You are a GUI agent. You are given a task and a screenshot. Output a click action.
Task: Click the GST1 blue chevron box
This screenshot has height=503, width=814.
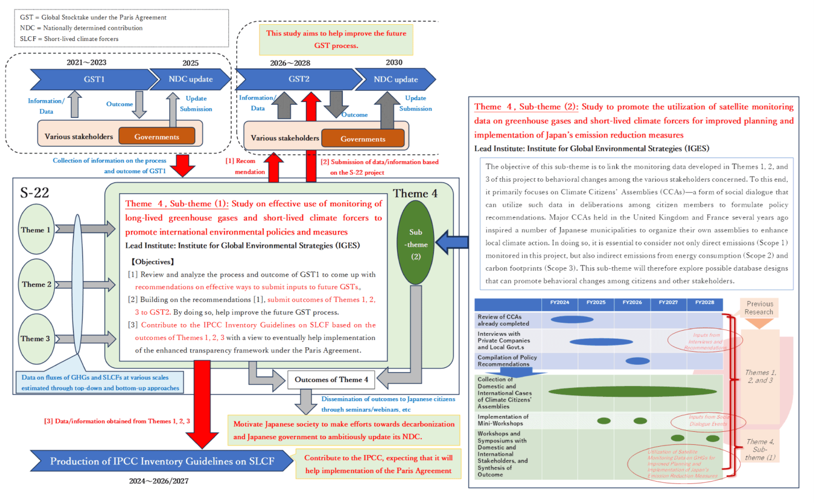pos(94,79)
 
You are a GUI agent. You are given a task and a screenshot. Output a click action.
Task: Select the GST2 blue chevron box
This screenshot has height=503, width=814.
pos(299,79)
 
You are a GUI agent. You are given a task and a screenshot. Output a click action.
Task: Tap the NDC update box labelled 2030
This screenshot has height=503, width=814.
pos(395,79)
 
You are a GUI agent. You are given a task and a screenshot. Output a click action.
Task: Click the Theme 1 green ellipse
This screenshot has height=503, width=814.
pos(36,230)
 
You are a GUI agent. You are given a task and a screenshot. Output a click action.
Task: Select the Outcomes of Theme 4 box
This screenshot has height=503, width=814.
pos(331,379)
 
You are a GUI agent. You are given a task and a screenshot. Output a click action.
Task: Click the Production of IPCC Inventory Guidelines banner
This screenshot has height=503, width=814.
pos(162,461)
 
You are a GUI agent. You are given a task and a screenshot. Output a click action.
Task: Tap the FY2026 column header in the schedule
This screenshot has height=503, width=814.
pos(632,303)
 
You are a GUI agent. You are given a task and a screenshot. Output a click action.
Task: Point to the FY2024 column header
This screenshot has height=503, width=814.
pos(559,303)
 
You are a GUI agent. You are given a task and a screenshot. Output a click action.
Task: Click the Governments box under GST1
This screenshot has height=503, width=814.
pos(157,137)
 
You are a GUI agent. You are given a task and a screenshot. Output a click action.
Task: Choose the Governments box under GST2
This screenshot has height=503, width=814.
pos(363,139)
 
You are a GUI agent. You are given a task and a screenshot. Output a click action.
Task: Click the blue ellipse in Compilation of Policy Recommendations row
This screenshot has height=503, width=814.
pos(637,361)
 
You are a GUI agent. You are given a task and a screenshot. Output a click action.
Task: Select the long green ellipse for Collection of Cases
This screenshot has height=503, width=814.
pos(632,392)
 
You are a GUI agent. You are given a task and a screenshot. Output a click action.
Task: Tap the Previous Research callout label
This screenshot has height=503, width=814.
pos(759,308)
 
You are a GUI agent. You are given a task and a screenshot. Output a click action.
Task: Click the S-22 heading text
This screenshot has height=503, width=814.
pos(35,193)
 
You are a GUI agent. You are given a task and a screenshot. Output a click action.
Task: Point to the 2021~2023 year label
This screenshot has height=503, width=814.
pos(86,62)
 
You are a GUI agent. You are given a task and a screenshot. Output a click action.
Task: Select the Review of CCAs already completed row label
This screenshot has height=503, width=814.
pos(503,320)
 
